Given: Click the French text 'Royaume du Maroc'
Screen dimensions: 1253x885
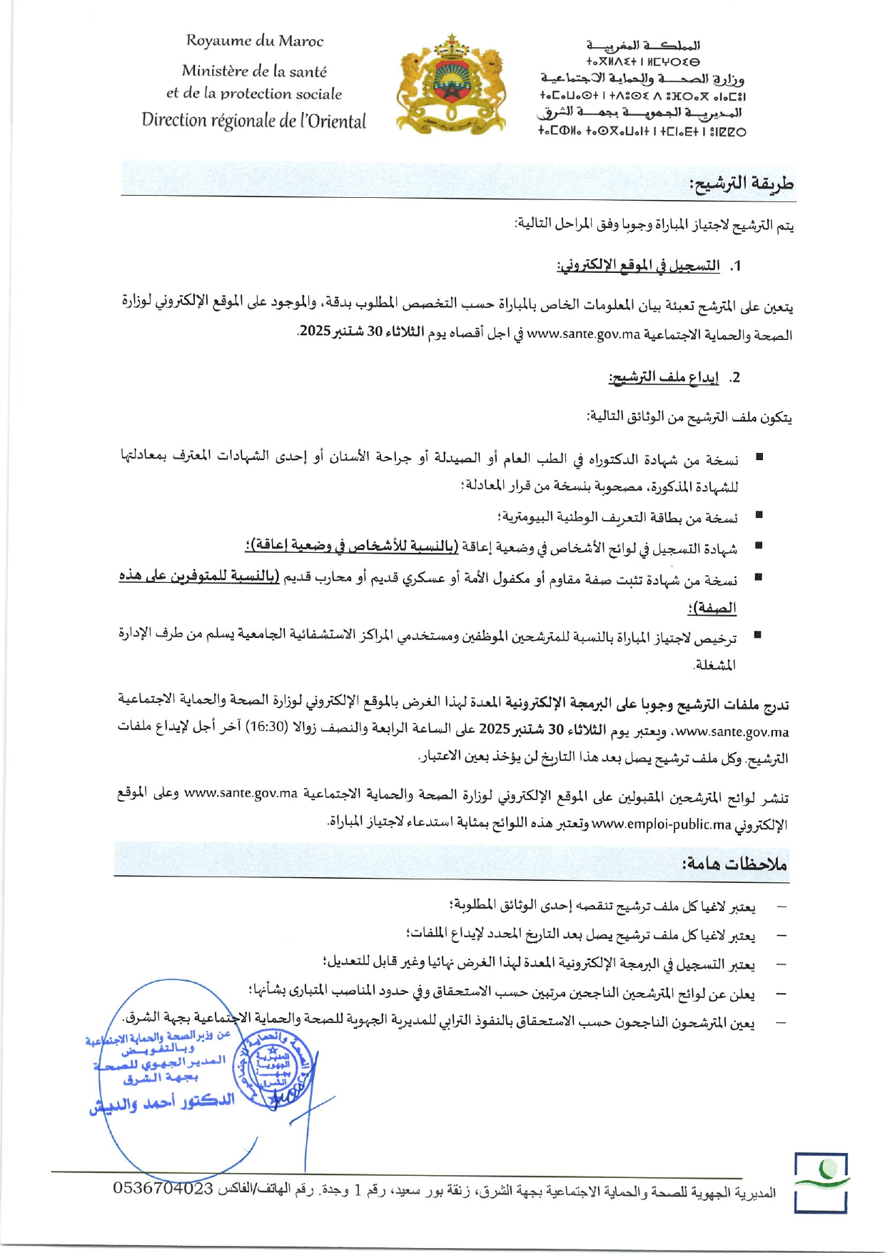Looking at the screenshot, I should pyautogui.click(x=255, y=41).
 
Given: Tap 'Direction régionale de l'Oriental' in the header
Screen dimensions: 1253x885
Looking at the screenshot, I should pyautogui.click(x=253, y=120).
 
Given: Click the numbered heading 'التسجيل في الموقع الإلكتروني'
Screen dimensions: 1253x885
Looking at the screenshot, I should pyautogui.click(x=638, y=266).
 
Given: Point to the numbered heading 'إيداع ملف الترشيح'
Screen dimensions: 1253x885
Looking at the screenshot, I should pyautogui.click(x=664, y=377).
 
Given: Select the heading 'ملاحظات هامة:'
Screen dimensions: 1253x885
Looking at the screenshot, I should pyautogui.click(x=734, y=864).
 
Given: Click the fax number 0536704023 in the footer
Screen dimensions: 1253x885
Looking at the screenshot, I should pyautogui.click(x=163, y=1188).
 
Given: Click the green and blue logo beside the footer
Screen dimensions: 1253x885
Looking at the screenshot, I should pyautogui.click(x=821, y=1182).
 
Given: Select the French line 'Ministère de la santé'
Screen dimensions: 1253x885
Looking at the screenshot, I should pyautogui.click(x=254, y=71).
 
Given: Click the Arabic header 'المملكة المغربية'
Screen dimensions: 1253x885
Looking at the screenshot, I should pyautogui.click(x=643, y=46).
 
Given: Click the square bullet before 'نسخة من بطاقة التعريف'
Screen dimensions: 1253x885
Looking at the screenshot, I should pyautogui.click(x=759, y=514).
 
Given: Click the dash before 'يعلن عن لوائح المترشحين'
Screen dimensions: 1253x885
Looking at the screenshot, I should pyautogui.click(x=782, y=994).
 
